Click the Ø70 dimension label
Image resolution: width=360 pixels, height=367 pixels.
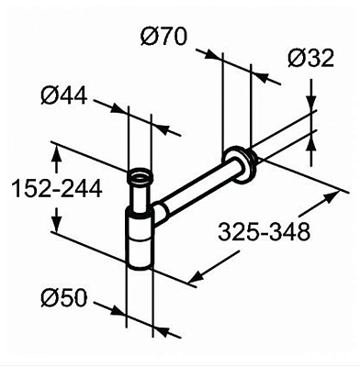[x=166, y=38]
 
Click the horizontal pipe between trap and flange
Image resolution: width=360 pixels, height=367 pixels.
[x=197, y=189]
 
